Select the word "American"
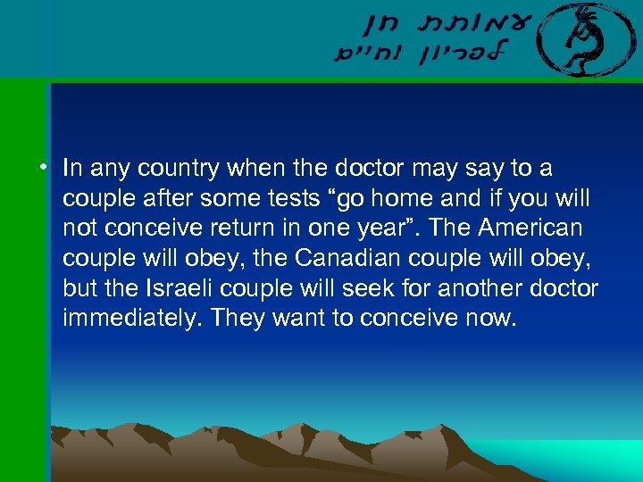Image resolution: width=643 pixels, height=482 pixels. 530,229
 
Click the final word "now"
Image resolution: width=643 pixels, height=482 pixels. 496,318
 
